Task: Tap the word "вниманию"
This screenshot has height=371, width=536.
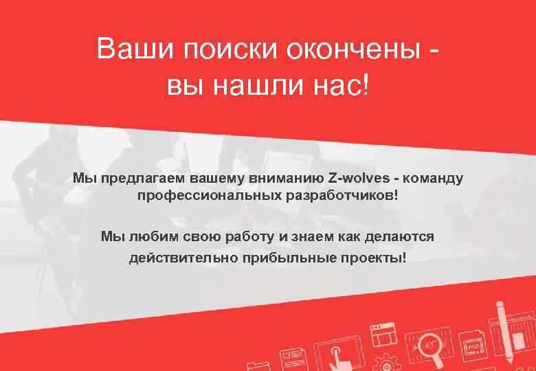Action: tap(289, 179)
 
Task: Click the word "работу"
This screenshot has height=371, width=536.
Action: tap(249, 237)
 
